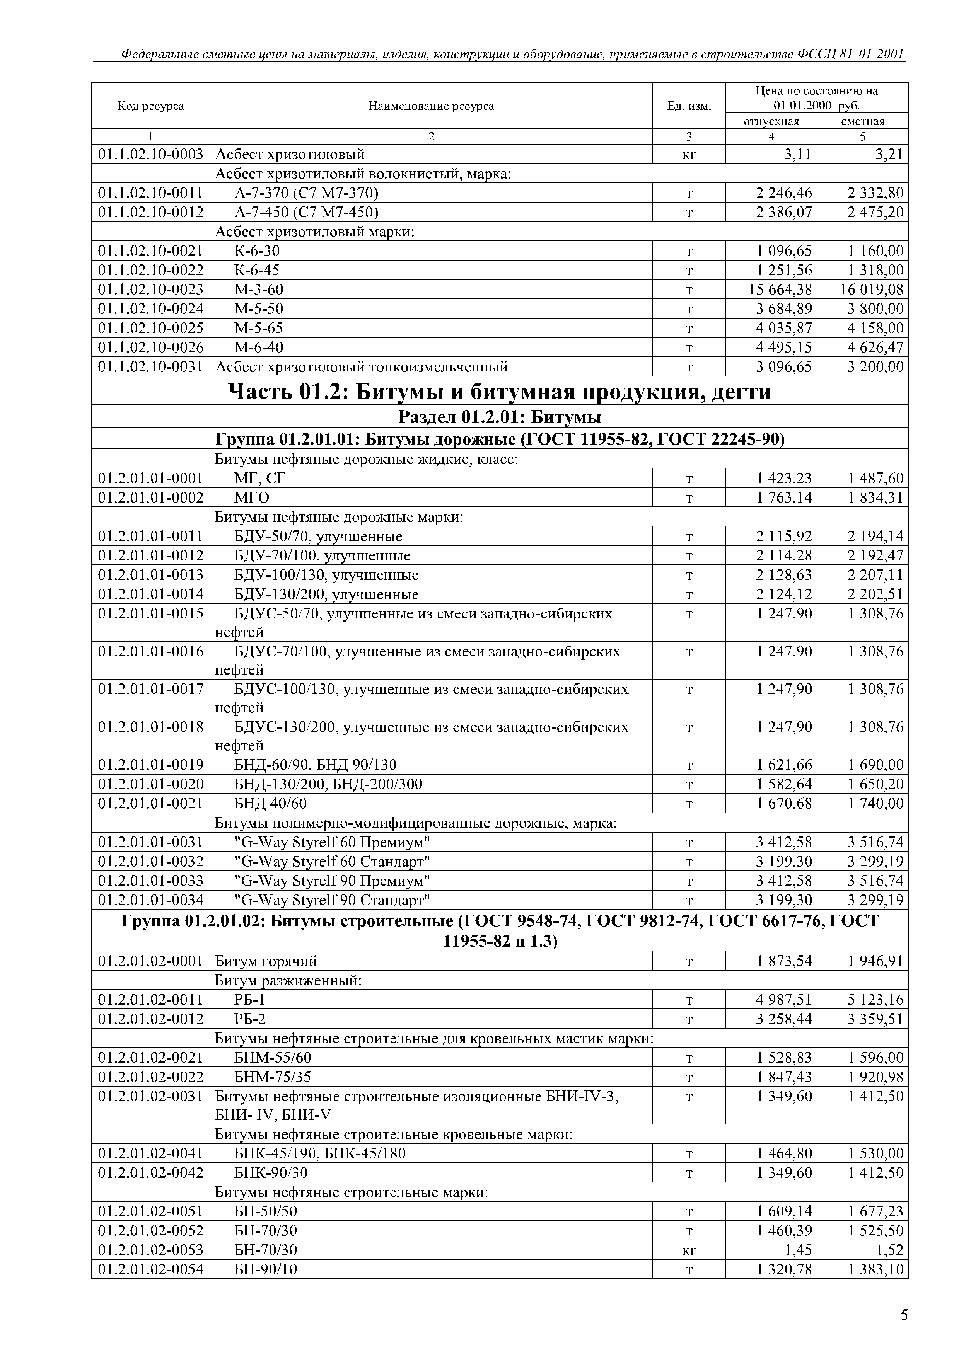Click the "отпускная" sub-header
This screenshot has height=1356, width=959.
[771, 121]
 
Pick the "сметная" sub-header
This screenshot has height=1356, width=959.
[863, 121]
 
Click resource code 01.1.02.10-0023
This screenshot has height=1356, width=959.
[151, 290]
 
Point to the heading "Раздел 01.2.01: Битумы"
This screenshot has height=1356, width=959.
[500, 417]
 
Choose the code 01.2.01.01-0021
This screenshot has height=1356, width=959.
[151, 803]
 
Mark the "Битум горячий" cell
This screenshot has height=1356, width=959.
[266, 961]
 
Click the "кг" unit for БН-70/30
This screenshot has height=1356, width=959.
[689, 1250]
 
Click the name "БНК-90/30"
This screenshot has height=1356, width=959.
[271, 1172]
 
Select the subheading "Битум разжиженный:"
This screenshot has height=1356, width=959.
[288, 980]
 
